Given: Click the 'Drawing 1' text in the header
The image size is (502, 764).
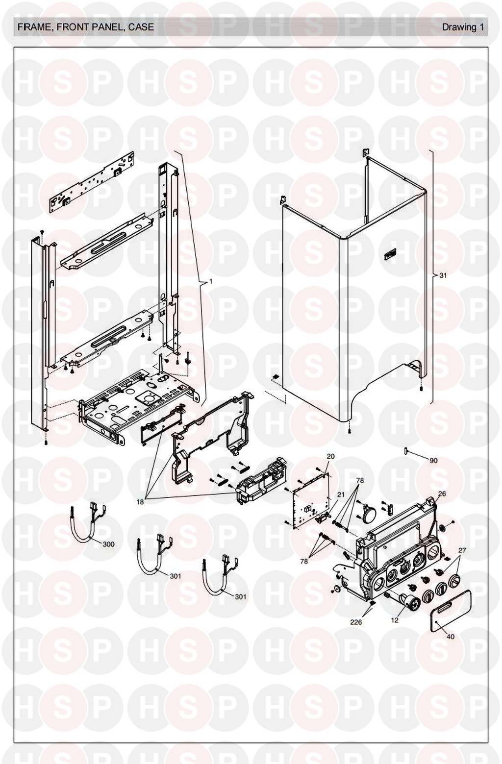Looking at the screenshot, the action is pos(462,27).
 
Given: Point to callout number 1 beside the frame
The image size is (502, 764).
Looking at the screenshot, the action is pos(211,281).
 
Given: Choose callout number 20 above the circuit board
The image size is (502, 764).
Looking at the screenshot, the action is pos(330,456).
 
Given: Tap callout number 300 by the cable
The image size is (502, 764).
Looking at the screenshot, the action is pos(108,544).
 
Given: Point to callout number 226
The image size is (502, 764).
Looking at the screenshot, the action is pos(356,622).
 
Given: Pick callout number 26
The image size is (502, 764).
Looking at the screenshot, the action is pos(442,493).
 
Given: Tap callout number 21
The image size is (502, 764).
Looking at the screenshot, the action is pos(341,494).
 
